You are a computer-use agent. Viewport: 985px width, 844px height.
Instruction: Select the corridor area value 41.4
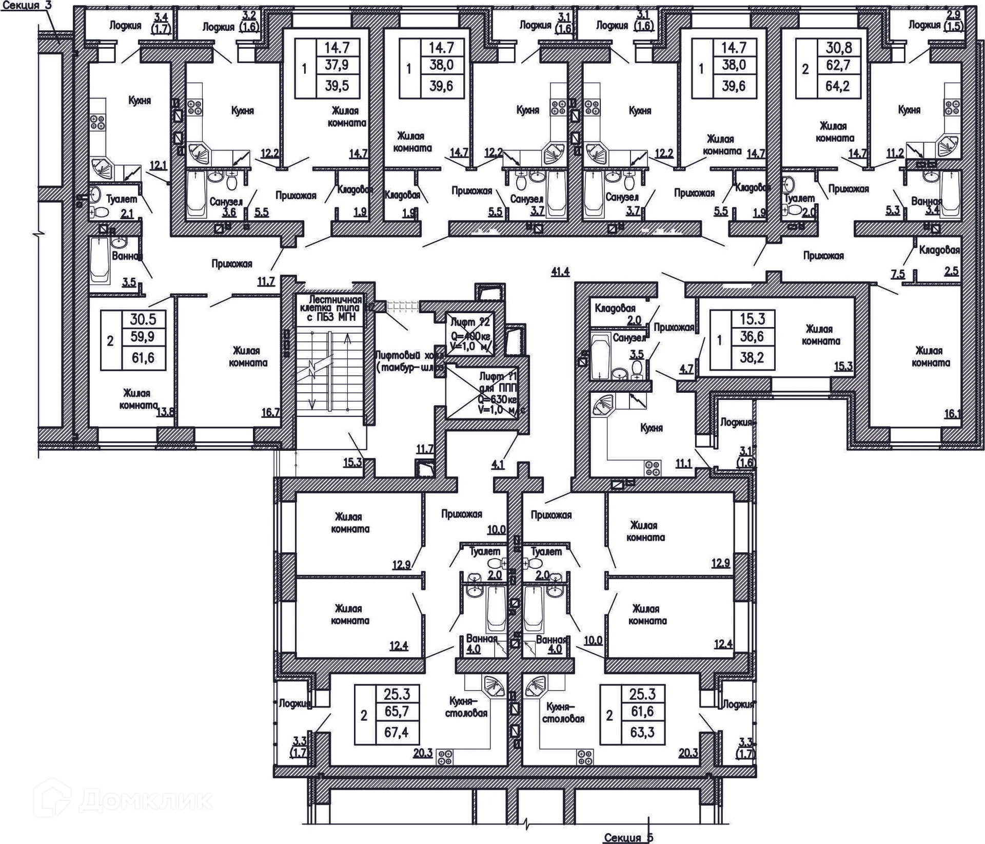click(x=560, y=272)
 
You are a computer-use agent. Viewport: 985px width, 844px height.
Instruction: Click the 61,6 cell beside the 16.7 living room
click(x=143, y=357)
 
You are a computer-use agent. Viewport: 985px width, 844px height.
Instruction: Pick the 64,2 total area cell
click(x=837, y=86)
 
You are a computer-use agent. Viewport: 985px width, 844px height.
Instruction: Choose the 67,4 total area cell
click(x=396, y=732)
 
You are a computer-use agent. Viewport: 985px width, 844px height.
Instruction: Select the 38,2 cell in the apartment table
click(x=752, y=357)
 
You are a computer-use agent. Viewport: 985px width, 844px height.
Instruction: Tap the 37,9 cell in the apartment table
click(x=337, y=65)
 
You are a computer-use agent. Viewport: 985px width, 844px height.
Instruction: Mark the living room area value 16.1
click(x=952, y=413)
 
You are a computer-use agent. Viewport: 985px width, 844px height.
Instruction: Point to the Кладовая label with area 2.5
click(x=939, y=250)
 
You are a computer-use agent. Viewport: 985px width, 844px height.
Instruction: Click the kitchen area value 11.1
click(x=683, y=464)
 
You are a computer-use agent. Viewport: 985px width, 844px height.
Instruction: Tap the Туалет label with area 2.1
click(x=122, y=199)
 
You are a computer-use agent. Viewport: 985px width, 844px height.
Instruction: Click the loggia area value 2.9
click(x=953, y=15)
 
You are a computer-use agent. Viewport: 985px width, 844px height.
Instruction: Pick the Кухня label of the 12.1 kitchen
click(x=140, y=100)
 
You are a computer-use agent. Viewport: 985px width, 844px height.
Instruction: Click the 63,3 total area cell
click(x=642, y=732)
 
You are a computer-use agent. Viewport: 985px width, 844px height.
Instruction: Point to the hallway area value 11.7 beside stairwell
click(x=266, y=281)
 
